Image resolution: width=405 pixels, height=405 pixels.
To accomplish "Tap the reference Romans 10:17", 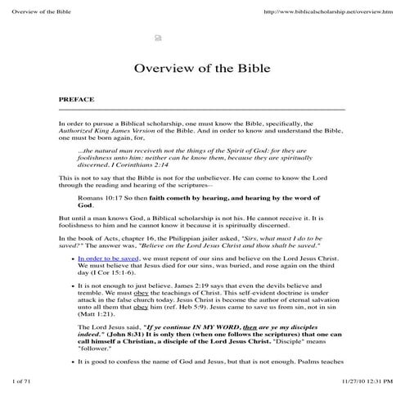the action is coord(97,196).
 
